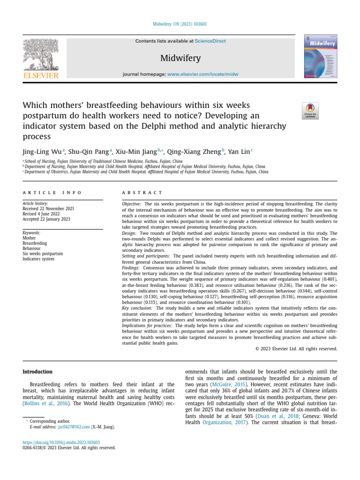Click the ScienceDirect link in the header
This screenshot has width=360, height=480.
click(210, 41)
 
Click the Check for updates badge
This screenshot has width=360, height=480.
click(310, 111)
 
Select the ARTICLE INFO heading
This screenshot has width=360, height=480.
click(52, 193)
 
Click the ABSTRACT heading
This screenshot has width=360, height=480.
click(142, 193)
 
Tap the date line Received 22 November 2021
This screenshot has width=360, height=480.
click(48, 209)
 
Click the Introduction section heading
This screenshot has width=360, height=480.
click(37, 372)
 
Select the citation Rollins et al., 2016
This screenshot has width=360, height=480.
click(45, 403)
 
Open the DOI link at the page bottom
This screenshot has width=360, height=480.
click(61, 442)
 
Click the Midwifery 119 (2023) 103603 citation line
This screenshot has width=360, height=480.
click(180, 24)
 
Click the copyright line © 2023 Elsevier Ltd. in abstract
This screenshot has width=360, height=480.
click(296, 348)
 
